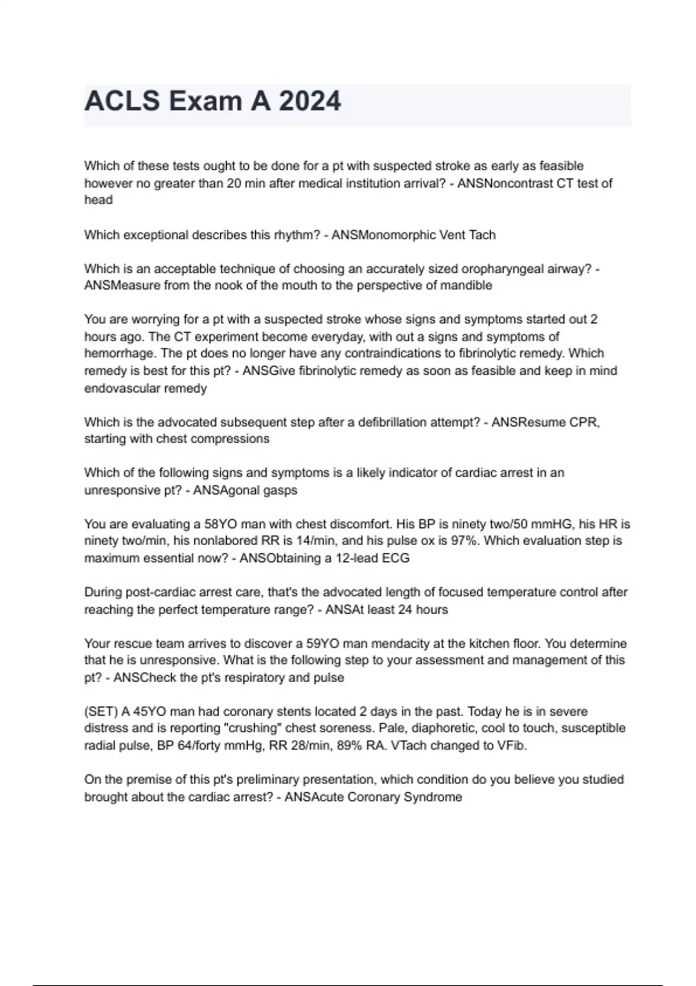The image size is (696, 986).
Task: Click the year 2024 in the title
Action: pyautogui.click(x=310, y=101)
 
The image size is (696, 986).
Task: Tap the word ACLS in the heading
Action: pyautogui.click(x=122, y=101)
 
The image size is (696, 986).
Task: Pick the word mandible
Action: pyautogui.click(x=467, y=285)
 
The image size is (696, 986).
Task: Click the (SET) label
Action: pyautogui.click(x=101, y=712)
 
